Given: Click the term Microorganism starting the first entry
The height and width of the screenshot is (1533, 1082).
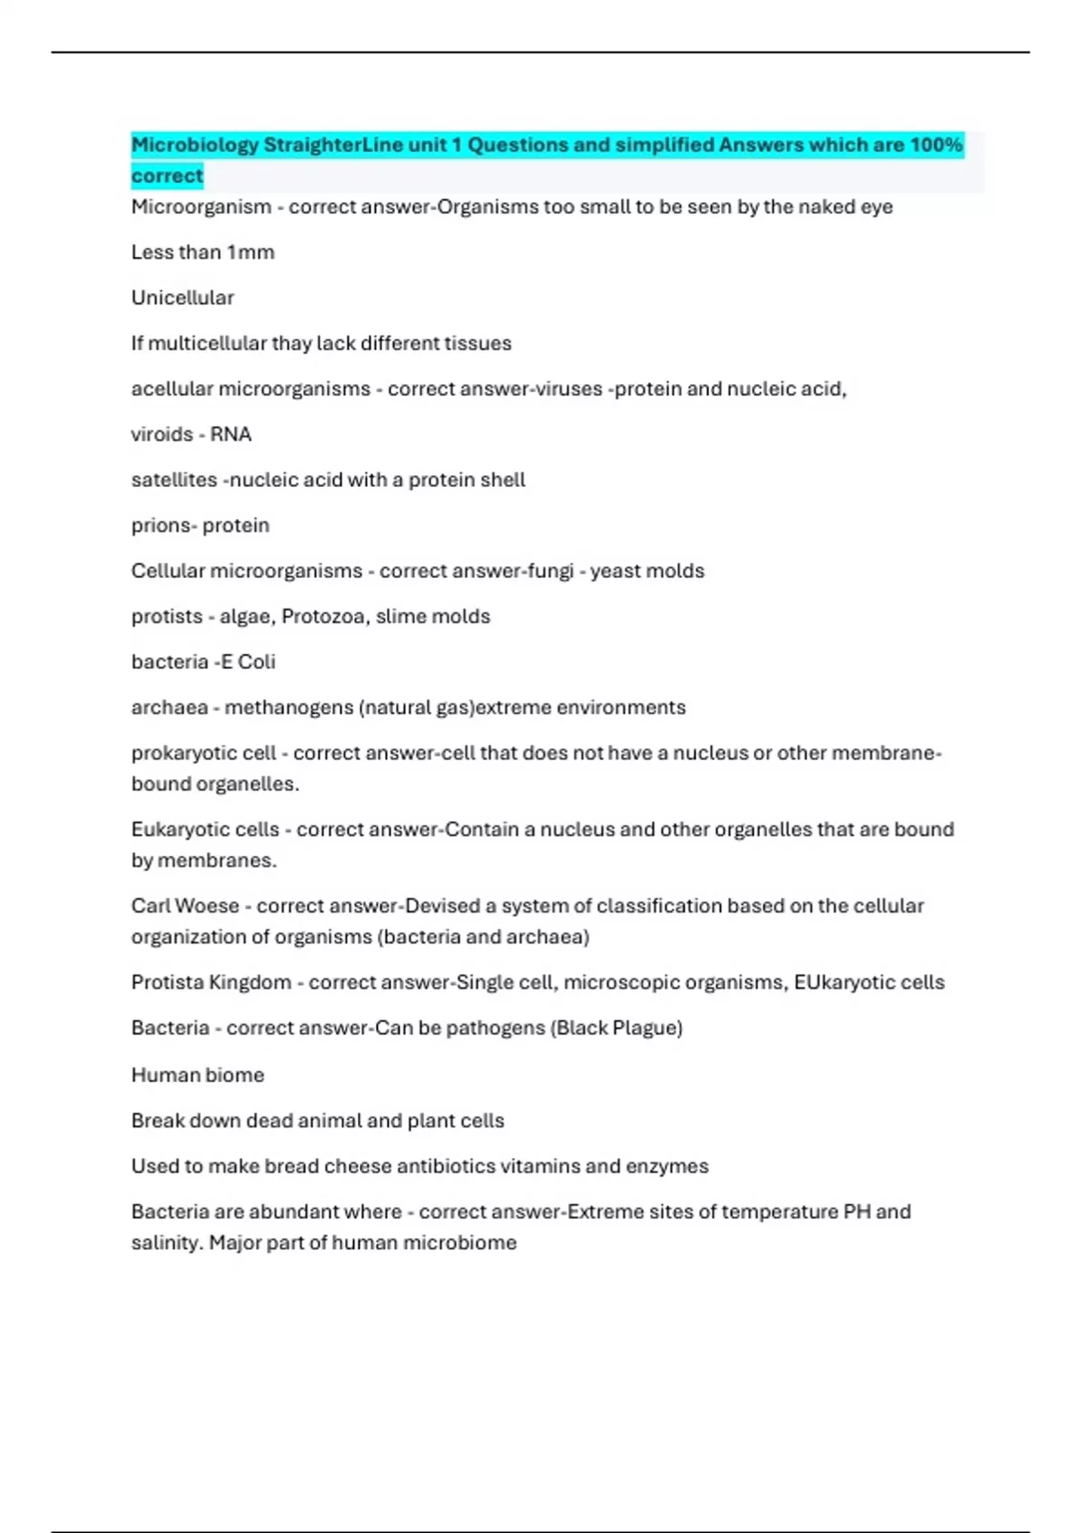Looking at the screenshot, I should coord(201,207).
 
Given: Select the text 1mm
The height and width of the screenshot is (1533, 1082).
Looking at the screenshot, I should coord(251,252).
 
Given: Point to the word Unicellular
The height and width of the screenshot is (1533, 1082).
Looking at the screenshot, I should coord(182,298).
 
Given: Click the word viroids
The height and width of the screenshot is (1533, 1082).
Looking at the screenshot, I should coord(161,435).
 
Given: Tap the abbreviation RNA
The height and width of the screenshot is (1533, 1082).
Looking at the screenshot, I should coord(231,435).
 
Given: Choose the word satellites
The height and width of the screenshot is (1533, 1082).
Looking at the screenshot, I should coord(174,480).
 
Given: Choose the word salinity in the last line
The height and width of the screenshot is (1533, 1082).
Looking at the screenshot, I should coord(166,1243).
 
